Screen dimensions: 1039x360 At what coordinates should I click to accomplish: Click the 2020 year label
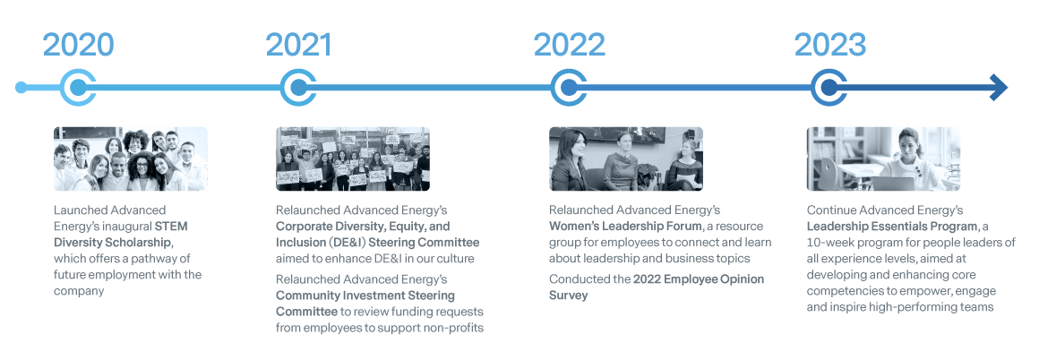click(x=78, y=45)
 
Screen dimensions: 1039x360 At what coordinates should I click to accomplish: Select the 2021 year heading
click(x=299, y=45)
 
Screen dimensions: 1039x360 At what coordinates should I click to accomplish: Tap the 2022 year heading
click(x=569, y=45)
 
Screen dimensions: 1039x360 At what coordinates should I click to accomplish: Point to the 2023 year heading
click(x=829, y=45)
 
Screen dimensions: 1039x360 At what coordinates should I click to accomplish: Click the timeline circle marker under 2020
click(x=78, y=88)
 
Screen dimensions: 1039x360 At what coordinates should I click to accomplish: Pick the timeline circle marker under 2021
click(x=299, y=88)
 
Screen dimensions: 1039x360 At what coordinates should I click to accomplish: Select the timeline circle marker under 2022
click(x=569, y=88)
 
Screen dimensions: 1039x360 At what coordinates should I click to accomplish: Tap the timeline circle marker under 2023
click(x=829, y=88)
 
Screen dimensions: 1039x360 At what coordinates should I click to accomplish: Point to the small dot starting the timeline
click(x=21, y=88)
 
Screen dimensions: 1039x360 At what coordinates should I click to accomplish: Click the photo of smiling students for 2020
click(x=131, y=159)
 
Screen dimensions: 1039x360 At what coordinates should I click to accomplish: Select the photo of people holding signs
click(x=353, y=159)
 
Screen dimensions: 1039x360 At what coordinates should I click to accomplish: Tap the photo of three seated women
click(x=625, y=159)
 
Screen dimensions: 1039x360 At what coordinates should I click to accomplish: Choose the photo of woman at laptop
click(x=883, y=159)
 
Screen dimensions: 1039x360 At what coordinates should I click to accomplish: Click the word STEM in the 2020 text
click(x=172, y=226)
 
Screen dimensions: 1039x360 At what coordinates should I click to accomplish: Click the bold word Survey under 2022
click(x=569, y=295)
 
